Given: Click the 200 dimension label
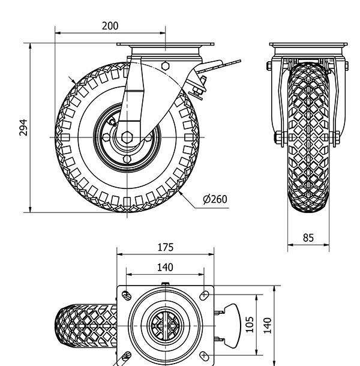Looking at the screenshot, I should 110,25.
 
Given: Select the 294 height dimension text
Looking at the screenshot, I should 23,127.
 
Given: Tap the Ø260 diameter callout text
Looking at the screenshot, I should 215,199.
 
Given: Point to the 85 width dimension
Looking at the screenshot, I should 308,238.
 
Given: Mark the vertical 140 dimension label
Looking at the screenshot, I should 268,324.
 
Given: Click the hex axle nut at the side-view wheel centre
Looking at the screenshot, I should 127,137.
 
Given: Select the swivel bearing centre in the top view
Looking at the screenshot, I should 166,325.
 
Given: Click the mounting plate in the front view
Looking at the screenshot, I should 308,47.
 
